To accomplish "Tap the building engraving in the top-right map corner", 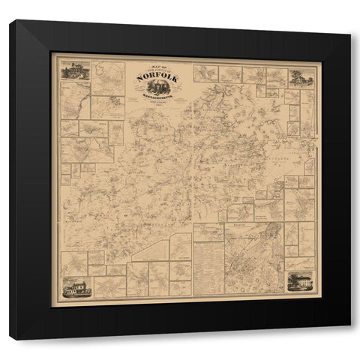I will click(x=301, y=76).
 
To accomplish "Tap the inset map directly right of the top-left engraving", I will click(x=108, y=78).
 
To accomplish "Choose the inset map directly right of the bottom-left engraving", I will click(x=109, y=286).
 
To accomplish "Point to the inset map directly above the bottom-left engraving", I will click(x=74, y=263).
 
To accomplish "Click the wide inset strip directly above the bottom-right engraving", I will click(x=299, y=263).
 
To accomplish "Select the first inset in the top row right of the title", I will click(x=205, y=73).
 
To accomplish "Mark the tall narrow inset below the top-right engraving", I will click(x=307, y=112).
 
